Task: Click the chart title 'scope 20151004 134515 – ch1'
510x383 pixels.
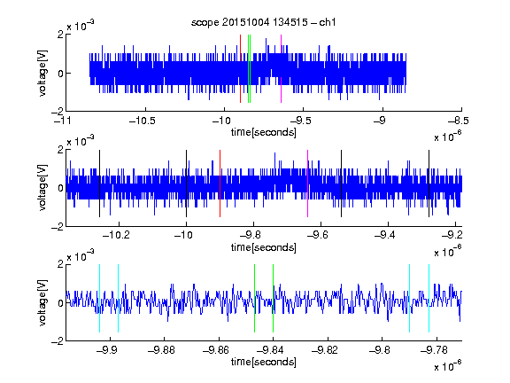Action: (x=263, y=22)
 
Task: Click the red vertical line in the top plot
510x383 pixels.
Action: (x=240, y=69)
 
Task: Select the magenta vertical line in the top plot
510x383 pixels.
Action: (x=281, y=69)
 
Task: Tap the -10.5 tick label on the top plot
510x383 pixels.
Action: (x=143, y=121)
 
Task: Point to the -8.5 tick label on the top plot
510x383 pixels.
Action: (x=459, y=121)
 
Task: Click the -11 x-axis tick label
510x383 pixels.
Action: (x=63, y=121)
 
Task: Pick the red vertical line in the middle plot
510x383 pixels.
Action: (x=220, y=184)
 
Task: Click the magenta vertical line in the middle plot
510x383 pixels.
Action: (x=308, y=184)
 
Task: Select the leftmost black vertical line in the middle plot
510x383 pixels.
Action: (x=99, y=184)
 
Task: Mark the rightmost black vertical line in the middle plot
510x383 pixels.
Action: (x=429, y=184)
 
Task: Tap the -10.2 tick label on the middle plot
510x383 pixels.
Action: (x=116, y=235)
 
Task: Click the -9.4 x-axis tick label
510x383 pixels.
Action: (x=385, y=235)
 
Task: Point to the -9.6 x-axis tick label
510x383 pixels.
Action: (x=318, y=235)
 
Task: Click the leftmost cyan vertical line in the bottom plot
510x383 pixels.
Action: (x=99, y=298)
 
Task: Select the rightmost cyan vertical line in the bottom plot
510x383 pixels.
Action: (x=429, y=298)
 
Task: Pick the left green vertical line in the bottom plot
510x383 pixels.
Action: (x=254, y=298)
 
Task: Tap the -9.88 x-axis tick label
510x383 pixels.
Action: (x=162, y=350)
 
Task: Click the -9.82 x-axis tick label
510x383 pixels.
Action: (x=325, y=350)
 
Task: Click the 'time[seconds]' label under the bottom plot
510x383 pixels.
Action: (x=264, y=362)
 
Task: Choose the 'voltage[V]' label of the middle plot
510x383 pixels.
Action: (x=42, y=188)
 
